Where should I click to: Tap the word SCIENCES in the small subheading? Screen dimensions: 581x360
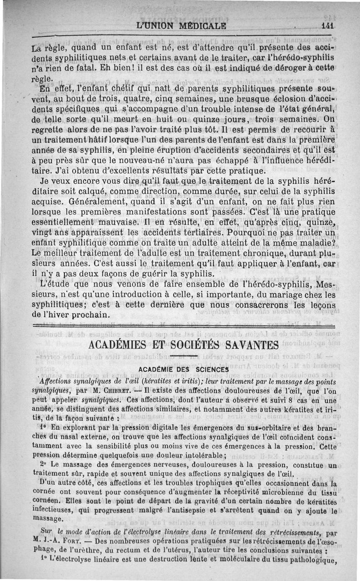(x=212, y=370)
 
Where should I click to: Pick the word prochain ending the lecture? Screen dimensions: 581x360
(x=87, y=313)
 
